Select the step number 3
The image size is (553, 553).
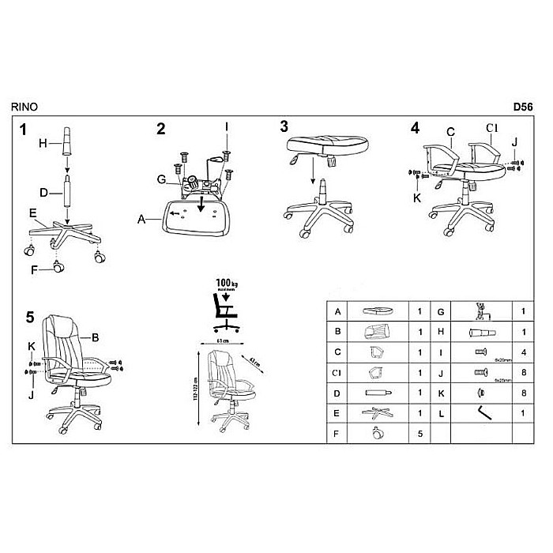(x=284, y=126)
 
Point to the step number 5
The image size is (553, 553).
(x=30, y=318)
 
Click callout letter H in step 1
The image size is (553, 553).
(x=45, y=143)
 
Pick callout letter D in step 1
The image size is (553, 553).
(x=45, y=191)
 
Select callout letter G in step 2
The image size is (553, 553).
(x=160, y=180)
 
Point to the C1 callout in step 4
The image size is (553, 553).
(x=491, y=129)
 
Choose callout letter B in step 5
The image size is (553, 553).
(x=95, y=338)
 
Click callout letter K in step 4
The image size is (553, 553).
(x=416, y=197)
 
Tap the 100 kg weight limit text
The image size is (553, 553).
(x=224, y=282)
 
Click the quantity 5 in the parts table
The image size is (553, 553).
(x=419, y=433)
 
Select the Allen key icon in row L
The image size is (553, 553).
(x=480, y=412)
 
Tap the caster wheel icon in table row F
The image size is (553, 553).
(x=375, y=433)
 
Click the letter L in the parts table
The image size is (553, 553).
(x=440, y=412)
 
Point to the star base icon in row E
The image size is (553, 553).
(x=375, y=412)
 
